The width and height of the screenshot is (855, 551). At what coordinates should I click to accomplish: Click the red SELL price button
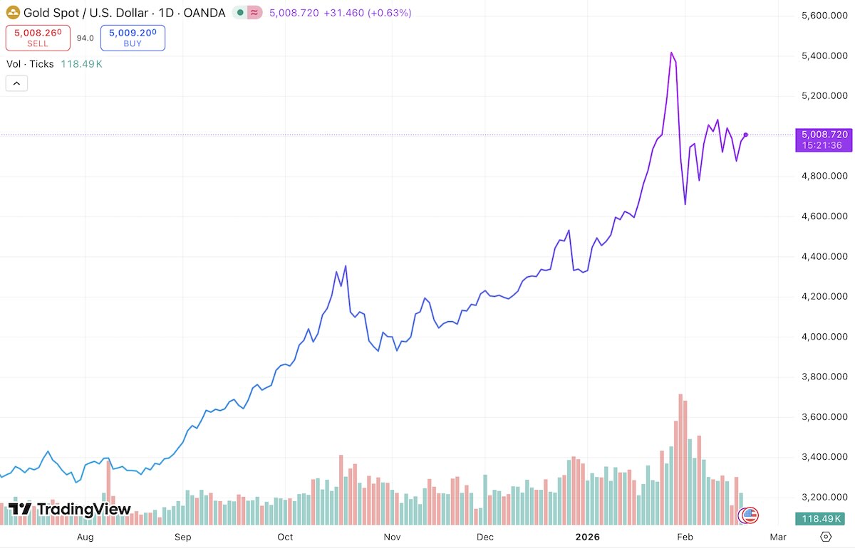pyautogui.click(x=38, y=38)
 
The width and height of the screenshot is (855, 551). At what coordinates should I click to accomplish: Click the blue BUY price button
pyautogui.click(x=133, y=38)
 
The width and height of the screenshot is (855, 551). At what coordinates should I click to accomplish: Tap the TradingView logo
pyautogui.click(x=69, y=509)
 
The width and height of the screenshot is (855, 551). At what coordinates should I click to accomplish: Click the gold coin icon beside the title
pyautogui.click(x=12, y=13)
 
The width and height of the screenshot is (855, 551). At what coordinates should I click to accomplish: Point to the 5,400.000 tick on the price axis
pyautogui.click(x=824, y=56)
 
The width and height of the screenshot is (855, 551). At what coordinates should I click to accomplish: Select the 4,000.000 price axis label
pyautogui.click(x=824, y=337)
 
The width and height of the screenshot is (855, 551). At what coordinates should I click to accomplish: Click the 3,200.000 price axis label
pyautogui.click(x=824, y=497)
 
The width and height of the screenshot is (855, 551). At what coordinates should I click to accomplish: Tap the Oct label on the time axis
pyautogui.click(x=285, y=537)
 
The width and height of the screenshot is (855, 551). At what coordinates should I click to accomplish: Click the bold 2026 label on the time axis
pyautogui.click(x=588, y=537)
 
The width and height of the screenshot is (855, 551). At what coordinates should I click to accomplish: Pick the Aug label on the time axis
pyautogui.click(x=85, y=537)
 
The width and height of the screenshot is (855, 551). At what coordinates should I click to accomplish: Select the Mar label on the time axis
pyautogui.click(x=778, y=537)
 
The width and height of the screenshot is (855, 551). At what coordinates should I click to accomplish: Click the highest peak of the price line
pyautogui.click(x=671, y=53)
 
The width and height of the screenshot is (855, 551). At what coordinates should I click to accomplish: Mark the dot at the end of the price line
pyautogui.click(x=745, y=135)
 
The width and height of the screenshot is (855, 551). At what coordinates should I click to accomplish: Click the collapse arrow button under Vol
pyautogui.click(x=16, y=83)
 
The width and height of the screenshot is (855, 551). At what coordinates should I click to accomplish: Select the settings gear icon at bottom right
pyautogui.click(x=826, y=537)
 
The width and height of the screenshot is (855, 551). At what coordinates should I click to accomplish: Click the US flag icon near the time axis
pyautogui.click(x=750, y=515)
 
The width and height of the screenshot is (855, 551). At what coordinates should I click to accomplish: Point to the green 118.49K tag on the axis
pyautogui.click(x=824, y=518)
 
